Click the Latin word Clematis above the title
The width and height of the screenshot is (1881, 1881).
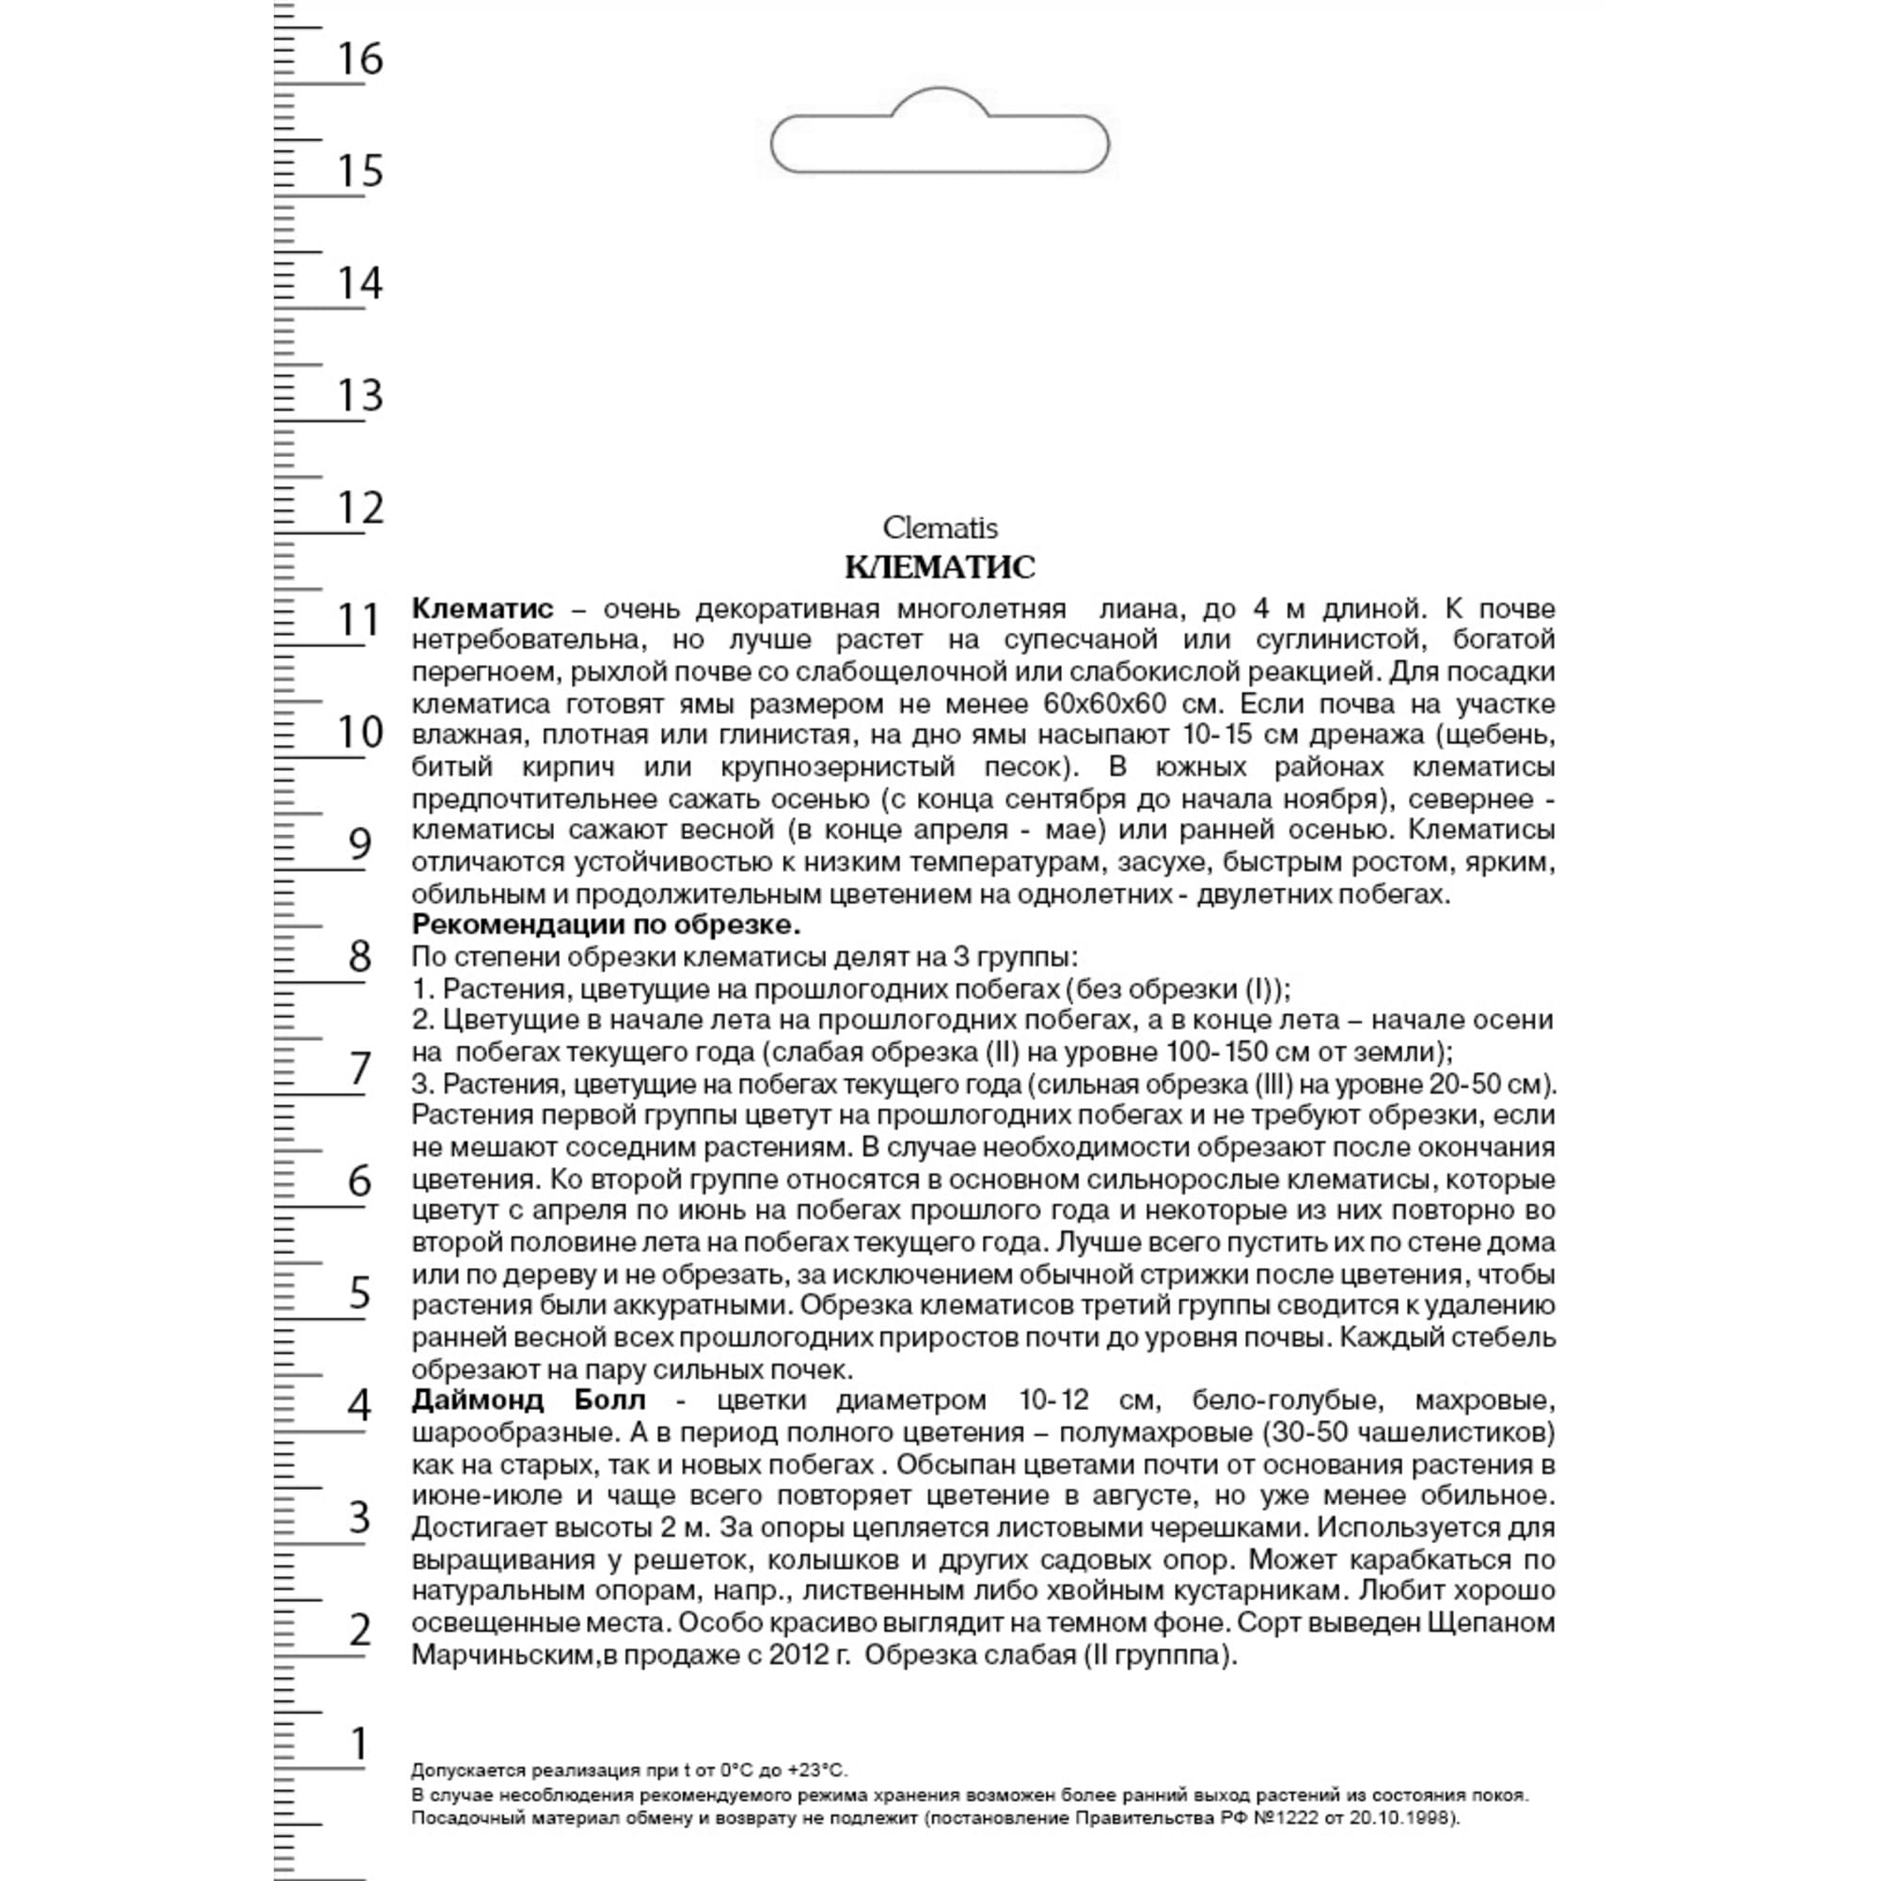click(x=940, y=528)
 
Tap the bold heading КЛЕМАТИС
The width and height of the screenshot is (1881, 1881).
click(x=940, y=566)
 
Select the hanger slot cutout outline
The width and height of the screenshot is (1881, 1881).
click(x=940, y=144)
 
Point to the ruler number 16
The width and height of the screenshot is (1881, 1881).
click(x=360, y=58)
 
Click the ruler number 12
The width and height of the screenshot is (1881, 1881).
click(x=360, y=507)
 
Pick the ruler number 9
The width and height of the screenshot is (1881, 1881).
click(x=360, y=845)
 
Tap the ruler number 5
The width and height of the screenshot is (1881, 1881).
click(x=360, y=1293)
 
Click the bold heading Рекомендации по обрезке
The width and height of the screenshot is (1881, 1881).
click(x=606, y=924)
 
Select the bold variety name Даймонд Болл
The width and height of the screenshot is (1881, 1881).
click(x=529, y=1400)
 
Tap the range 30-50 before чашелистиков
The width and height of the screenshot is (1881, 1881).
click(x=1324, y=1432)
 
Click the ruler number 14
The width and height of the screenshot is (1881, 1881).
click(x=360, y=283)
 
